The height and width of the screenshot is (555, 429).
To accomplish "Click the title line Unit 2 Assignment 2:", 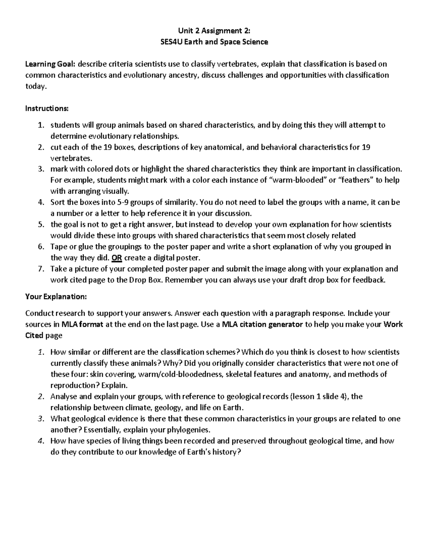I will click(x=214, y=31).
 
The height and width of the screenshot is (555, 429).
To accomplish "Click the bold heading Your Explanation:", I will click(x=56, y=297).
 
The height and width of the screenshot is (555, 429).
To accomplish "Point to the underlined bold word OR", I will click(x=117, y=258).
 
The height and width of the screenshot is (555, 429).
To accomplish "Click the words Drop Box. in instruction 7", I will click(x=147, y=280).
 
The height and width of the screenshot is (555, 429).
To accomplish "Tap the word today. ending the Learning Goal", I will click(x=36, y=86).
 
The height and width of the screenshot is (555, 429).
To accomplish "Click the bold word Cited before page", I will click(x=35, y=336).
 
